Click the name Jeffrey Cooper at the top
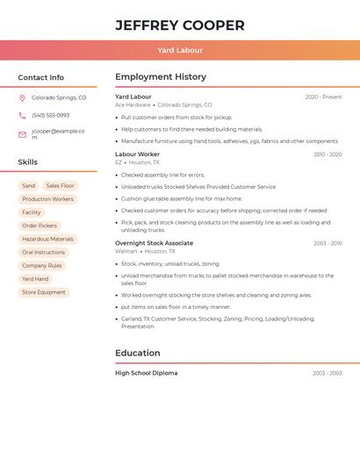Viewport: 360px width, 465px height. (179, 25)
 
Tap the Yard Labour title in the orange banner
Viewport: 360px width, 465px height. (179, 51)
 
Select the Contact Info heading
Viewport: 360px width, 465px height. (41, 77)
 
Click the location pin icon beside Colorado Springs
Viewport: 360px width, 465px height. (22, 98)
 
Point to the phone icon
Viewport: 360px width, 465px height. (22, 116)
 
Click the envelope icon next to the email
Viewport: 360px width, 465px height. (22, 134)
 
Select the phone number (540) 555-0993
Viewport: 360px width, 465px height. (50, 116)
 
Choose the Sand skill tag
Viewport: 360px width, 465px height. (29, 186)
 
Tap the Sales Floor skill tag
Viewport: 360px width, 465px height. (61, 186)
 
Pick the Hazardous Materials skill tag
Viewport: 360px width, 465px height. (47, 239)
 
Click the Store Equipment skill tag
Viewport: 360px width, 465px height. (44, 292)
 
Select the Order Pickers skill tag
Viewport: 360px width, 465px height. (40, 225)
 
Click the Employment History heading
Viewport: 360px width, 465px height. (161, 77)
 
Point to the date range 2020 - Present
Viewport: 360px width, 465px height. (323, 97)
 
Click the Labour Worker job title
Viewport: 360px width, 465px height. (137, 154)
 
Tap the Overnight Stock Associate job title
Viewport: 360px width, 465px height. (154, 243)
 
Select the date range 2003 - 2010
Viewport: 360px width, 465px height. (328, 243)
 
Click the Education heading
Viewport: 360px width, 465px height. (138, 353)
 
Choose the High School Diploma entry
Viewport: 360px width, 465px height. (146, 373)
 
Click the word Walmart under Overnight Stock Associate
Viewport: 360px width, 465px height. (126, 252)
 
